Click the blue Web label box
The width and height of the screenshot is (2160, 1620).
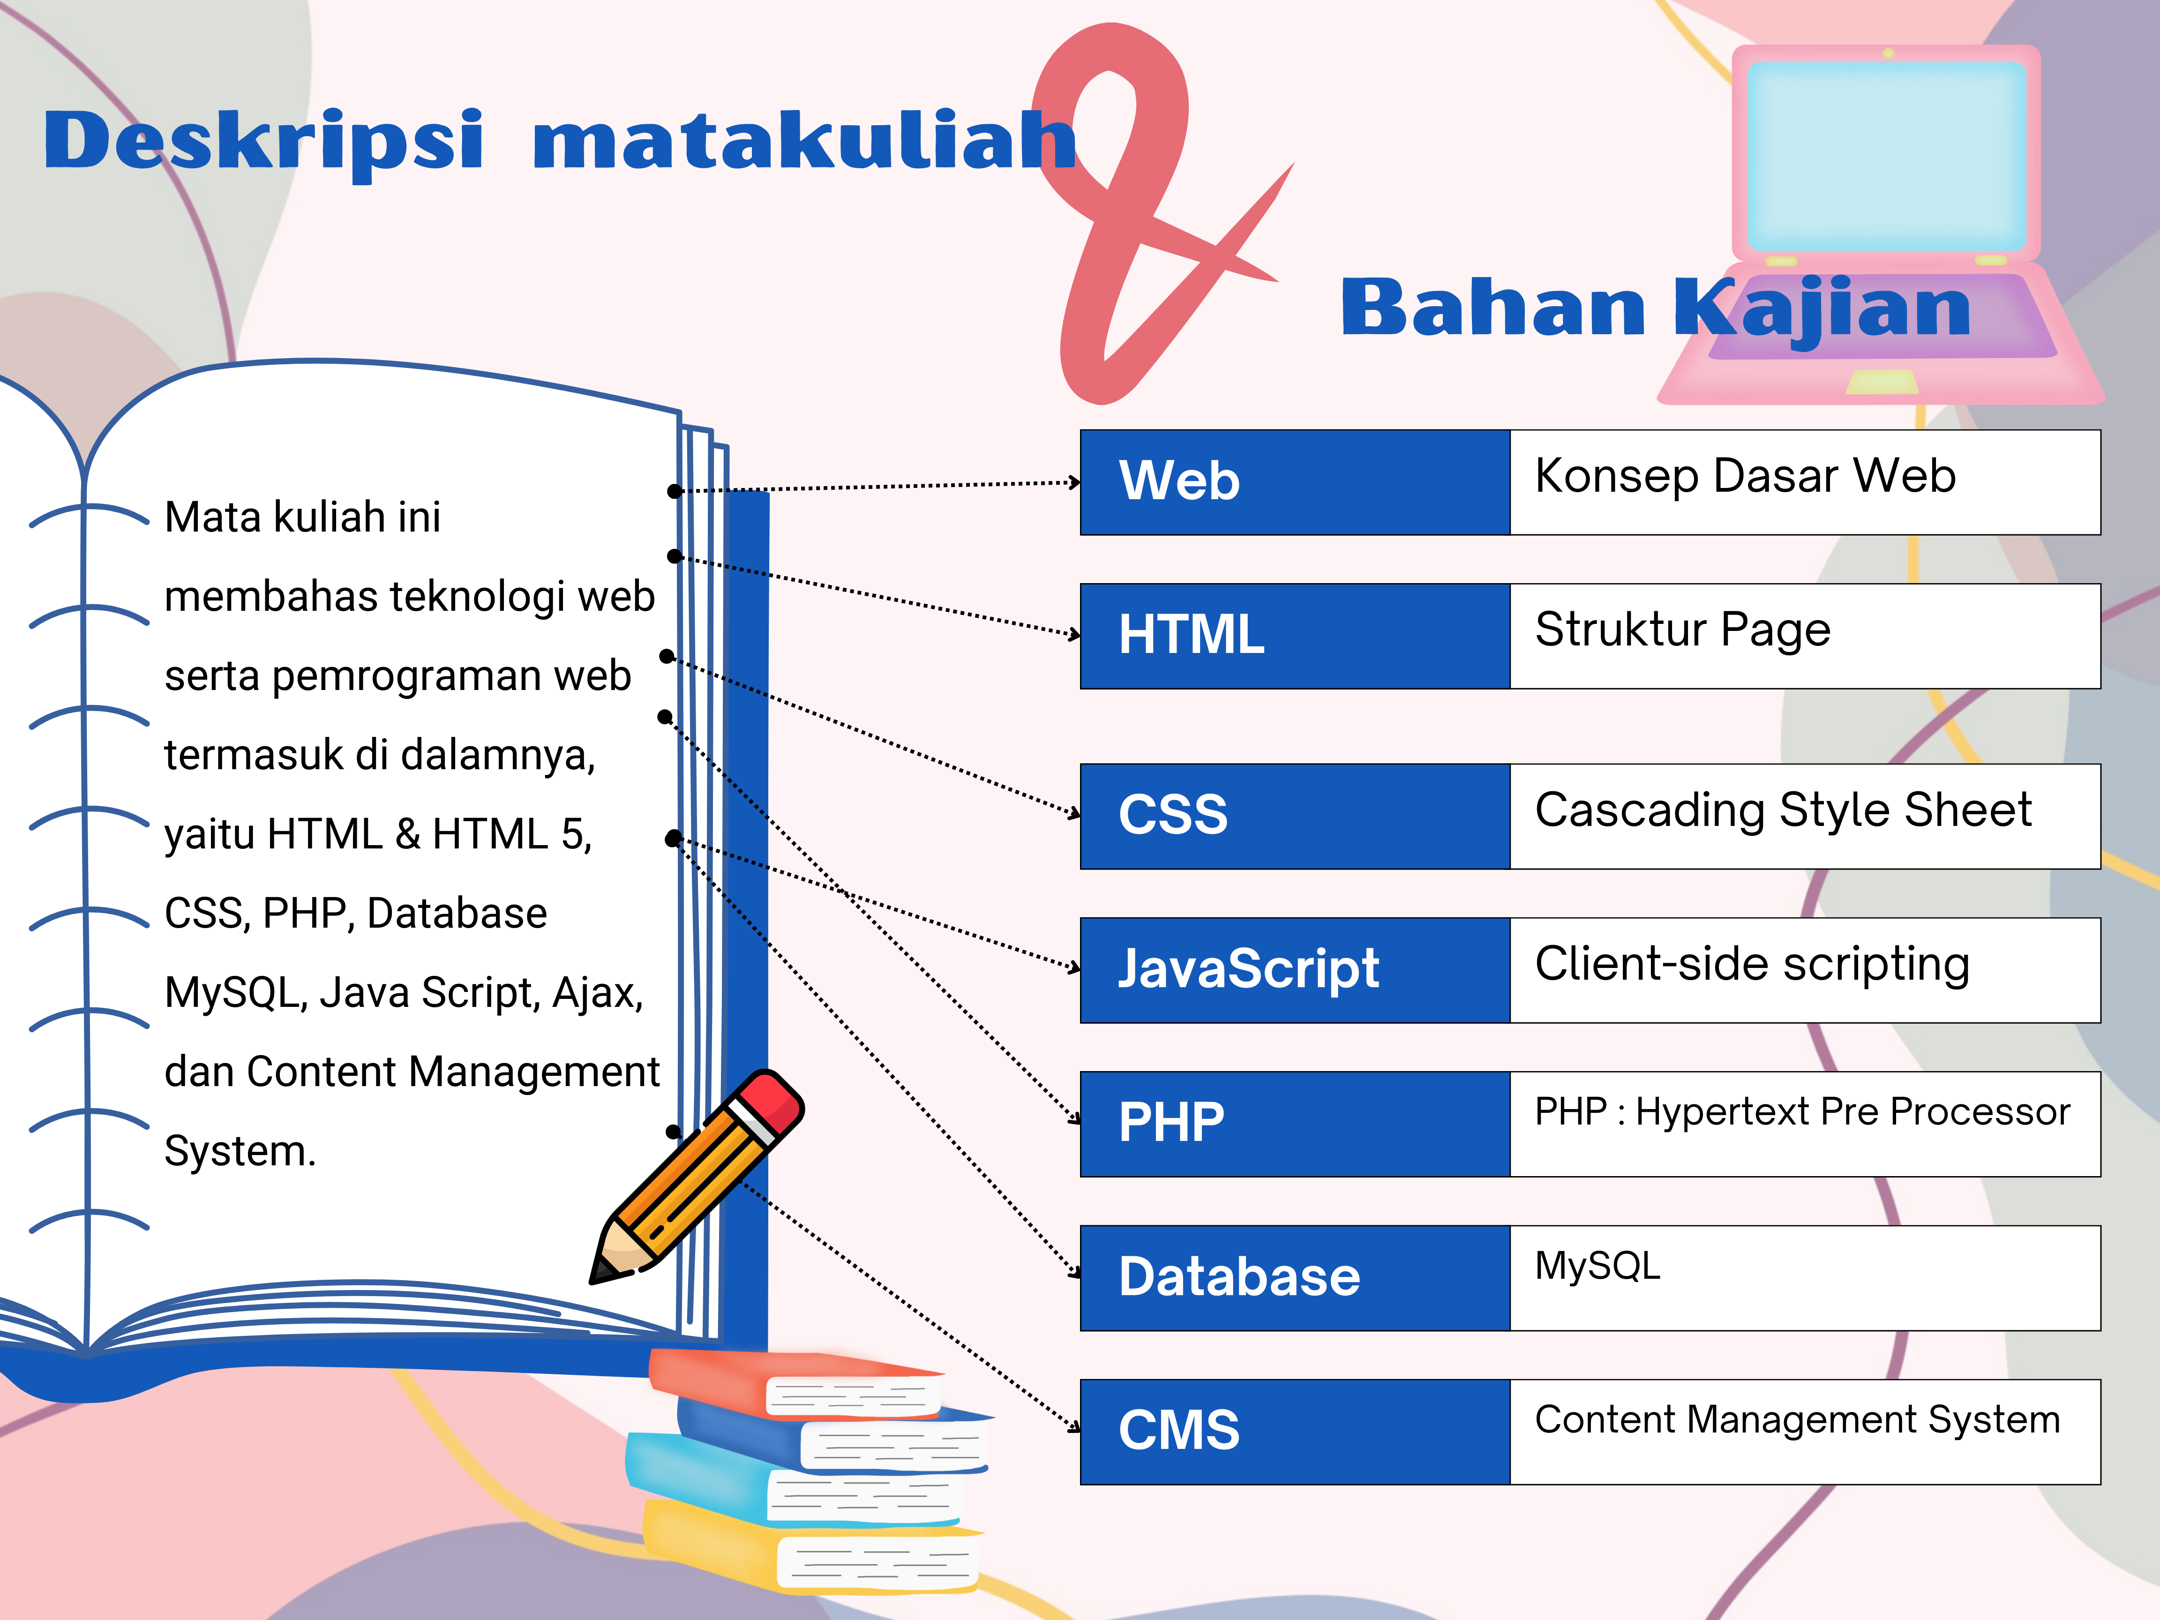point(1295,482)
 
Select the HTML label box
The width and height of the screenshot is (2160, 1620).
point(1295,636)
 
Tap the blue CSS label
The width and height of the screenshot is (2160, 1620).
point(1295,817)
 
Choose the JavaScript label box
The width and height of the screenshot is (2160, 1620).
point(1295,970)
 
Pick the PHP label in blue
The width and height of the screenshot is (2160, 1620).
point(1295,1124)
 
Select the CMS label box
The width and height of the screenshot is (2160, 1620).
point(1295,1432)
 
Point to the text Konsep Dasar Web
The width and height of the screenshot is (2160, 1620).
point(1745,476)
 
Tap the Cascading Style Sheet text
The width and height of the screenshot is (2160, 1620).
point(1783,810)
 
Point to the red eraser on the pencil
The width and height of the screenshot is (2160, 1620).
point(772,1103)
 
